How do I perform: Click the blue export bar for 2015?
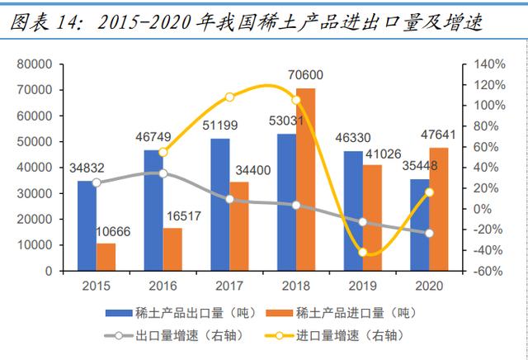coord(87,225)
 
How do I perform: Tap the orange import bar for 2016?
coord(172,249)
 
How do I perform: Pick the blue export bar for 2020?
coord(419,225)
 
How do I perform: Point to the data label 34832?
coord(87,170)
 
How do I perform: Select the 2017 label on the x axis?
coord(229,285)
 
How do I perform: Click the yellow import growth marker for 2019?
coord(364,252)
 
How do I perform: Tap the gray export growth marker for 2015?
coord(97,182)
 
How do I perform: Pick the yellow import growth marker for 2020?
coord(429,192)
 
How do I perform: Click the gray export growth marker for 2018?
coord(295,204)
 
